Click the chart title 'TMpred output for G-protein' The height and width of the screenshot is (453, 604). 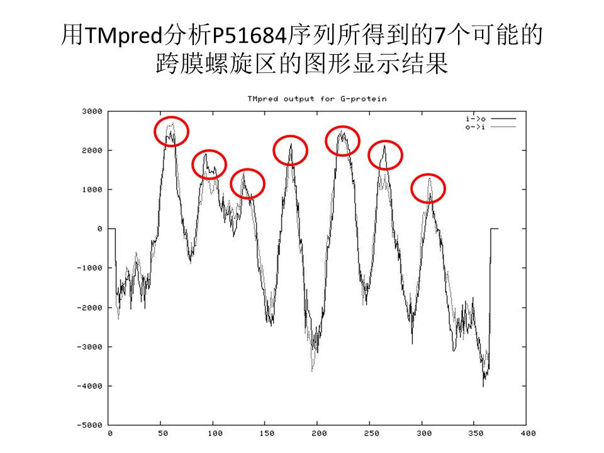316,99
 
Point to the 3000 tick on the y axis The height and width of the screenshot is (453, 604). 92,111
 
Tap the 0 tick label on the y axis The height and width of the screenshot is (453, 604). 99,229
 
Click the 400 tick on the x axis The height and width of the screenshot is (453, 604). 528,433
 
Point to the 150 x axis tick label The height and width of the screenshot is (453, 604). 267,433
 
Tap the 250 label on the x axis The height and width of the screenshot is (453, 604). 371,433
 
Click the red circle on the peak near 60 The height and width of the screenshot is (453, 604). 171,131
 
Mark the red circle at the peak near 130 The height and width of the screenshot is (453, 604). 248,184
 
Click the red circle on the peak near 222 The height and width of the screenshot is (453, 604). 342,141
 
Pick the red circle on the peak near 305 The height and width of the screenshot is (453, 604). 428,188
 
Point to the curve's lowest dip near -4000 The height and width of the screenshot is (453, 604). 483,385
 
